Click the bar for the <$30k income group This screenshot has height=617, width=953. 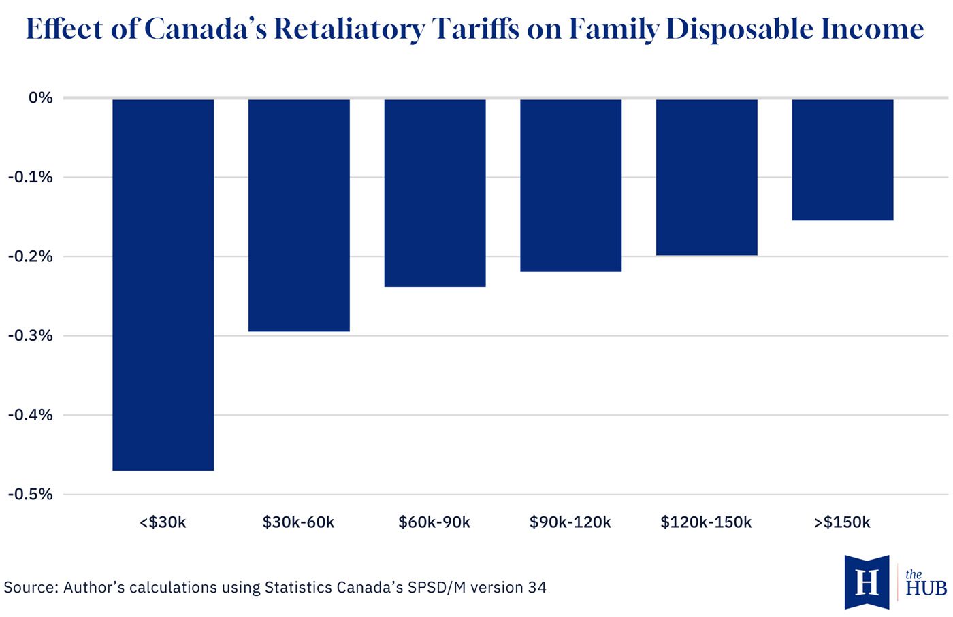tap(163, 285)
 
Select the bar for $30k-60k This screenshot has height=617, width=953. tap(299, 215)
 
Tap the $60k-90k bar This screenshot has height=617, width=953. tap(435, 193)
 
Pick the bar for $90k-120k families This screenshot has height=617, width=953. tap(571, 186)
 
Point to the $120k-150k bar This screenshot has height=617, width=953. tap(707, 178)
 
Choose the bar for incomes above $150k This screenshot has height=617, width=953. tap(843, 160)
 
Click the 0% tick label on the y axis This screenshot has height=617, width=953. tap(41, 98)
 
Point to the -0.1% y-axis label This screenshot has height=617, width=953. tap(31, 177)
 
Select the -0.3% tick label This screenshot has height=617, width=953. tap(31, 335)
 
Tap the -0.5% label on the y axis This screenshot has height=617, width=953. tap(31, 494)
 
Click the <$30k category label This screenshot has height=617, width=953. tap(163, 522)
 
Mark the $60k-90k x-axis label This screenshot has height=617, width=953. tap(434, 522)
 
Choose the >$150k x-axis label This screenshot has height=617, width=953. tap(843, 522)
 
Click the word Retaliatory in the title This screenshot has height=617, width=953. tap(349, 30)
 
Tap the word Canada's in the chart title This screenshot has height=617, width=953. tap(206, 29)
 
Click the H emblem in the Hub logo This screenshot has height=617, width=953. tap(867, 582)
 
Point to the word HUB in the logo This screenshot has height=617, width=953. tap(926, 588)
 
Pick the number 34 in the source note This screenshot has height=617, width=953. tap(537, 587)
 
